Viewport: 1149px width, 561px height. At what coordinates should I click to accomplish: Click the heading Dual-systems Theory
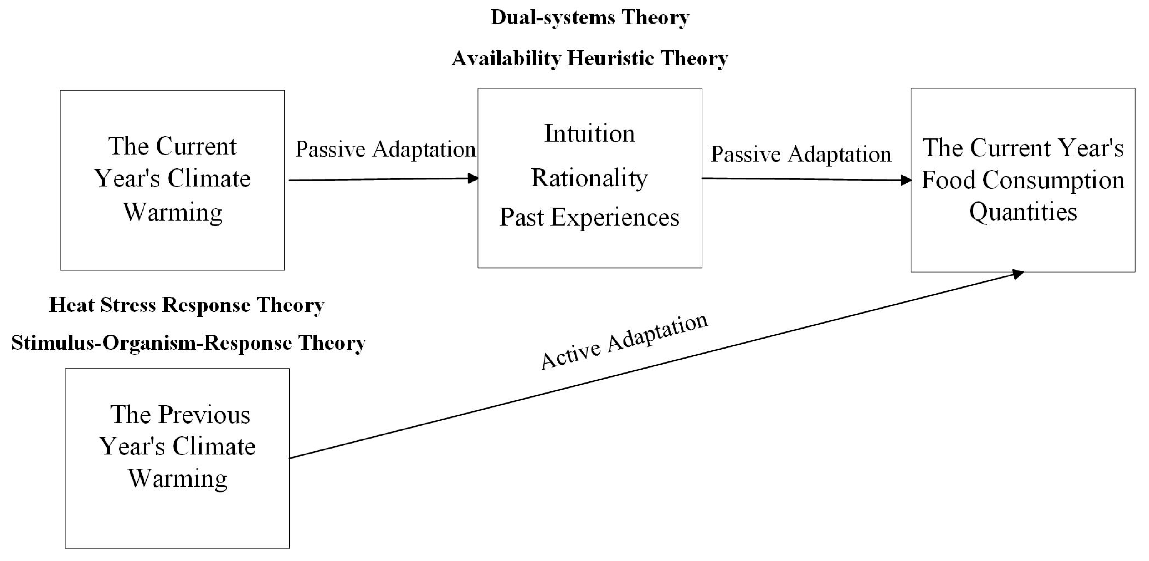[590, 18]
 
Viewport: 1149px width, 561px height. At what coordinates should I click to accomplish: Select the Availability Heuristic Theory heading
[590, 58]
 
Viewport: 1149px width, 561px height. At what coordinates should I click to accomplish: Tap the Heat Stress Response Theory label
[186, 305]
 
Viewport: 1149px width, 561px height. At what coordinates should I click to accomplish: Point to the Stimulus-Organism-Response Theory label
[188, 343]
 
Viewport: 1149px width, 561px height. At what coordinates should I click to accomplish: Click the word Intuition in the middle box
[589, 133]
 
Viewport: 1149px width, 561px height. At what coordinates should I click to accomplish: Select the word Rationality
[589, 178]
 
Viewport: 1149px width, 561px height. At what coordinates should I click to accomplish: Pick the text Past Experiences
[589, 217]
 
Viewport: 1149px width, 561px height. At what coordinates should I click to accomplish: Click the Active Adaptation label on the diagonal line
[623, 341]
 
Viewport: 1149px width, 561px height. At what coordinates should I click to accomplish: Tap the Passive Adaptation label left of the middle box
[385, 149]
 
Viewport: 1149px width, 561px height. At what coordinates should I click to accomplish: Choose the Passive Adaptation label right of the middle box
[801, 154]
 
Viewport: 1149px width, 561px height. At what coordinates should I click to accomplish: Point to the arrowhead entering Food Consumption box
[906, 180]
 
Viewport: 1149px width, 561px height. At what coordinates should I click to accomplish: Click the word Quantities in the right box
[1023, 211]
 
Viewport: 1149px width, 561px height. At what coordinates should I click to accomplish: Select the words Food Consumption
[1023, 180]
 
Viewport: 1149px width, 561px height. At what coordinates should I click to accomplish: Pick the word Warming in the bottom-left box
[178, 479]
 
